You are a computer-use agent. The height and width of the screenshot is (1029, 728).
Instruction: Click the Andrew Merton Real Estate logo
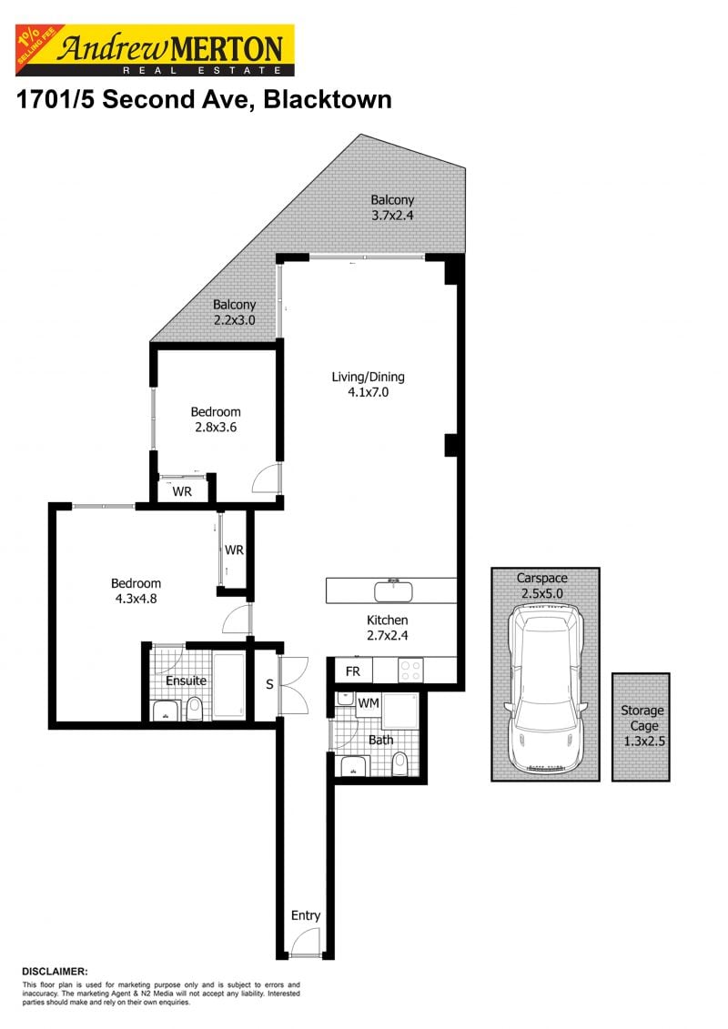pyautogui.click(x=155, y=50)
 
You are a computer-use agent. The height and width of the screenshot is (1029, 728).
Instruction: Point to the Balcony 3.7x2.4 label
pyautogui.click(x=392, y=208)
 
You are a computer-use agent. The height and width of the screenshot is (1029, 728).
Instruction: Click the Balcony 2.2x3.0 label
pyautogui.click(x=234, y=313)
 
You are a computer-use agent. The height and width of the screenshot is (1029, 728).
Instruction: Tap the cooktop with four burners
pyautogui.click(x=410, y=671)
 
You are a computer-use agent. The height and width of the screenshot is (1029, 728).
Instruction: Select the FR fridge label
pyautogui.click(x=354, y=672)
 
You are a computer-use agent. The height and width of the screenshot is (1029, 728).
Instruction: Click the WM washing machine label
pyautogui.click(x=368, y=702)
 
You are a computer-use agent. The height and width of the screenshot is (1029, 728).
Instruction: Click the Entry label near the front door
pyautogui.click(x=306, y=915)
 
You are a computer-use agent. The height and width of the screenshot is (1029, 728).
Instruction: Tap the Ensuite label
pyautogui.click(x=186, y=680)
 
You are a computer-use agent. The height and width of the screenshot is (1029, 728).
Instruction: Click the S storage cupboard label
pyautogui.click(x=269, y=683)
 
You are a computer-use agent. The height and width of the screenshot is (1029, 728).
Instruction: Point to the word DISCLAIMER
pyautogui.click(x=55, y=972)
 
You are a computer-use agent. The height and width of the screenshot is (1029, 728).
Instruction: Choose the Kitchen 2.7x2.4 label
pyautogui.click(x=388, y=628)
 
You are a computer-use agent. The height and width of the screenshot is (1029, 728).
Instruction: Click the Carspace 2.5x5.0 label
pyautogui.click(x=543, y=585)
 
